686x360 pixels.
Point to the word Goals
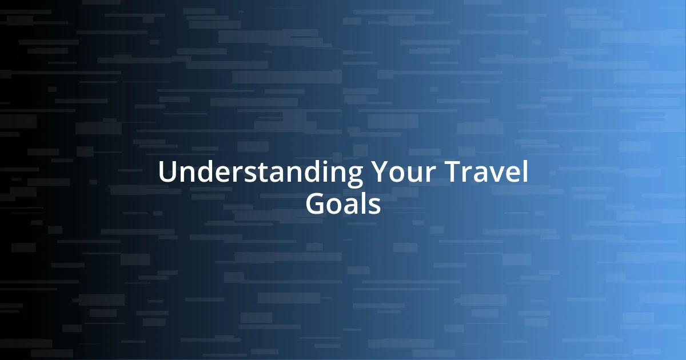pos(343,204)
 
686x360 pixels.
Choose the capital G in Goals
pos(316,204)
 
